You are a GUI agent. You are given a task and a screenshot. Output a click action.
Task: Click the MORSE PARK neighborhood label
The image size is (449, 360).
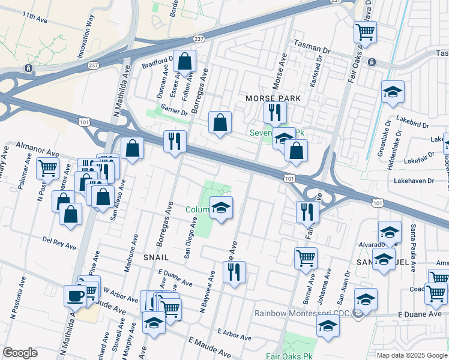pyautogui.click(x=273, y=98)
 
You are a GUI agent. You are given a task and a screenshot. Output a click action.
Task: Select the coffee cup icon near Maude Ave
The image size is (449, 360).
pyautogui.click(x=75, y=295)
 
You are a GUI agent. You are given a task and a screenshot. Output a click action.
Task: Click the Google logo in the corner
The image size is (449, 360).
pyautogui.click(x=20, y=353)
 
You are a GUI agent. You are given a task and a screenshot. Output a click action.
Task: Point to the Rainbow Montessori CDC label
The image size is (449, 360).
pyautogui.click(x=302, y=313)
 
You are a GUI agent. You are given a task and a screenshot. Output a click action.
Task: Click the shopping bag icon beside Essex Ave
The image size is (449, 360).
pyautogui.click(x=185, y=61)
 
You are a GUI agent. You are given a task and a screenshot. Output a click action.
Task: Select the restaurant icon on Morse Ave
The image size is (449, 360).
pyautogui.click(x=275, y=112)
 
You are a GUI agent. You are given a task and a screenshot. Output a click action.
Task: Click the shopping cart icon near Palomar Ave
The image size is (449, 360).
pyautogui.click(x=47, y=168)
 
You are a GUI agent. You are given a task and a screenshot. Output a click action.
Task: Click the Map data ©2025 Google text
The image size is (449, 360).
pyautogui.click(x=412, y=355)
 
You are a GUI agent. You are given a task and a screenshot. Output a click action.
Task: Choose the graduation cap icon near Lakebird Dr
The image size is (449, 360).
pyautogui.click(x=393, y=92)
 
